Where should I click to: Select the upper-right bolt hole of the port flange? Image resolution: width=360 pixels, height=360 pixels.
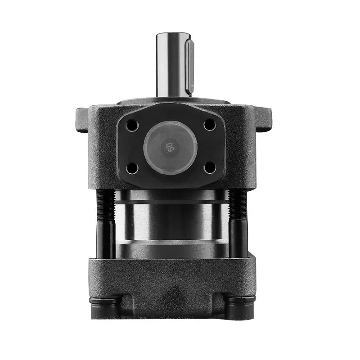(209, 125)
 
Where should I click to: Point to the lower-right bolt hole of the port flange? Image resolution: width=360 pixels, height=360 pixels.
(210, 168)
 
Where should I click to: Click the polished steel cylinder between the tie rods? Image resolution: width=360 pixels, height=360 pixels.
(171, 223)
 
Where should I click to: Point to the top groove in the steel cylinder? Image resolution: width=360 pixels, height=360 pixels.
(171, 203)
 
